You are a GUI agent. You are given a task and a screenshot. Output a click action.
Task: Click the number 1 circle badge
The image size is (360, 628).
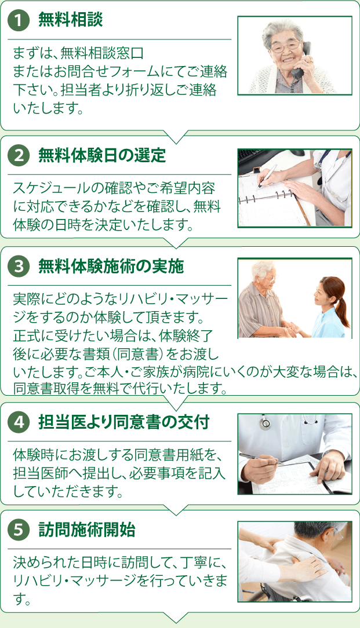click(19, 20)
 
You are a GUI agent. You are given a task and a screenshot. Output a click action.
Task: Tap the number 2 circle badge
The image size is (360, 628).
click(19, 155)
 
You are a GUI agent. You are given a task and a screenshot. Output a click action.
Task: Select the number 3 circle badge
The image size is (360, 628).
click(19, 266)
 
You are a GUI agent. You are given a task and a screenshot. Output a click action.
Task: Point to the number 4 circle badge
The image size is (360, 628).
click(19, 422)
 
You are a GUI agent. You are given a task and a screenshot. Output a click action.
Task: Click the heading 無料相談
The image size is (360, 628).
click(70, 20)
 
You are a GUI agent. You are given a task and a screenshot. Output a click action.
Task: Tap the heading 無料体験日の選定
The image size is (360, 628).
click(102, 155)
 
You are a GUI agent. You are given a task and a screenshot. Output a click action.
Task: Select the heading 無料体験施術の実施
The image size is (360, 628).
click(111, 266)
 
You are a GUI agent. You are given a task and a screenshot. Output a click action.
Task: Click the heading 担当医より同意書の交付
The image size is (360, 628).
click(123, 422)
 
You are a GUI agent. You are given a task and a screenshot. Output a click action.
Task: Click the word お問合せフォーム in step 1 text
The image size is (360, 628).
click(111, 72)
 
